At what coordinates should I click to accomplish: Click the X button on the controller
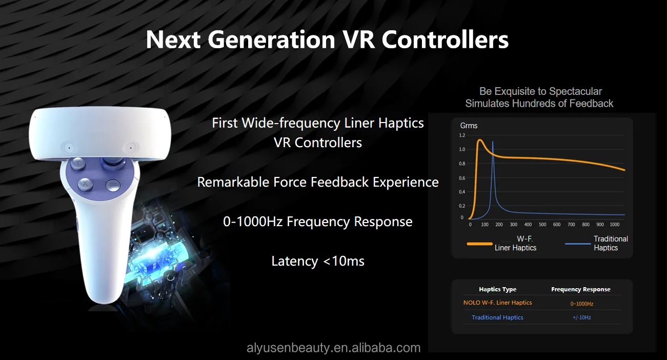85,183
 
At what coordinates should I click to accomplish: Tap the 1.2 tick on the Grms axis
462,135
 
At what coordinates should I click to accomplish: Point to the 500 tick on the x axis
542,225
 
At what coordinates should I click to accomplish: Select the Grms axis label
469,126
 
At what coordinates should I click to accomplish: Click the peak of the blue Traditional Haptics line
493,142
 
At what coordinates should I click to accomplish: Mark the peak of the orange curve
480,139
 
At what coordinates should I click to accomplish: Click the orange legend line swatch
479,244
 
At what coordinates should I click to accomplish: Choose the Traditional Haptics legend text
611,243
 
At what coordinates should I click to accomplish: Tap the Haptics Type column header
497,289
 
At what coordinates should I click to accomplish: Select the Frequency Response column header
581,289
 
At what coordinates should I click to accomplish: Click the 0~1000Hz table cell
581,304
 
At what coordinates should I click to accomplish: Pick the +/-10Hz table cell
581,318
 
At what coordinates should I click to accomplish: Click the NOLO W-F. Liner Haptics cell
497,303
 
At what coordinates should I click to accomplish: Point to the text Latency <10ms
318,261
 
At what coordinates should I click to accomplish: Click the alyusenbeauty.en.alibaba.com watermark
333,348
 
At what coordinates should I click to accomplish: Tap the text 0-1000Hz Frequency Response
318,222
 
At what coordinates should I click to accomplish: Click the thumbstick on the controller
112,163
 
